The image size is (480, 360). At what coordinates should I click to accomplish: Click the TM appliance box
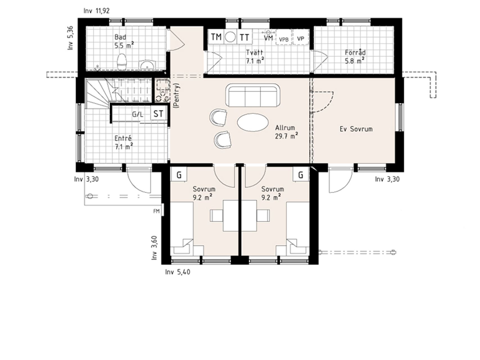216,37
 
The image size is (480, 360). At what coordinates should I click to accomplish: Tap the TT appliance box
245,37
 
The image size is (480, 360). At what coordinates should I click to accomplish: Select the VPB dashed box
284,37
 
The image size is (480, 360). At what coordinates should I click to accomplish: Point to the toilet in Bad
122,62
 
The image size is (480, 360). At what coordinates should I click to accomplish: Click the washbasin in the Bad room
147,65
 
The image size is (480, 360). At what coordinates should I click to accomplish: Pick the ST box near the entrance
158,114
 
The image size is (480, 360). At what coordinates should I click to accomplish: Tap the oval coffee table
253,122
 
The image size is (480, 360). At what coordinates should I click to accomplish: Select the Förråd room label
355,53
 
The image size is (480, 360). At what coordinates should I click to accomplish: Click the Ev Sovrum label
356,129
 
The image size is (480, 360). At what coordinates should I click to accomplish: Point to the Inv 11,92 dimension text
96,11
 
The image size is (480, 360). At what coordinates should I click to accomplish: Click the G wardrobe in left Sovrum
179,175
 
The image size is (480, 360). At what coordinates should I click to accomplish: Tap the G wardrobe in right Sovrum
301,175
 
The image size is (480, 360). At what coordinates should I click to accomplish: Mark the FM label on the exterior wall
156,211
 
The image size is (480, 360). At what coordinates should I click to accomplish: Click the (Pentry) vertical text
176,96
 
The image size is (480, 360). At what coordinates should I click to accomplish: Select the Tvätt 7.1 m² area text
255,57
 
